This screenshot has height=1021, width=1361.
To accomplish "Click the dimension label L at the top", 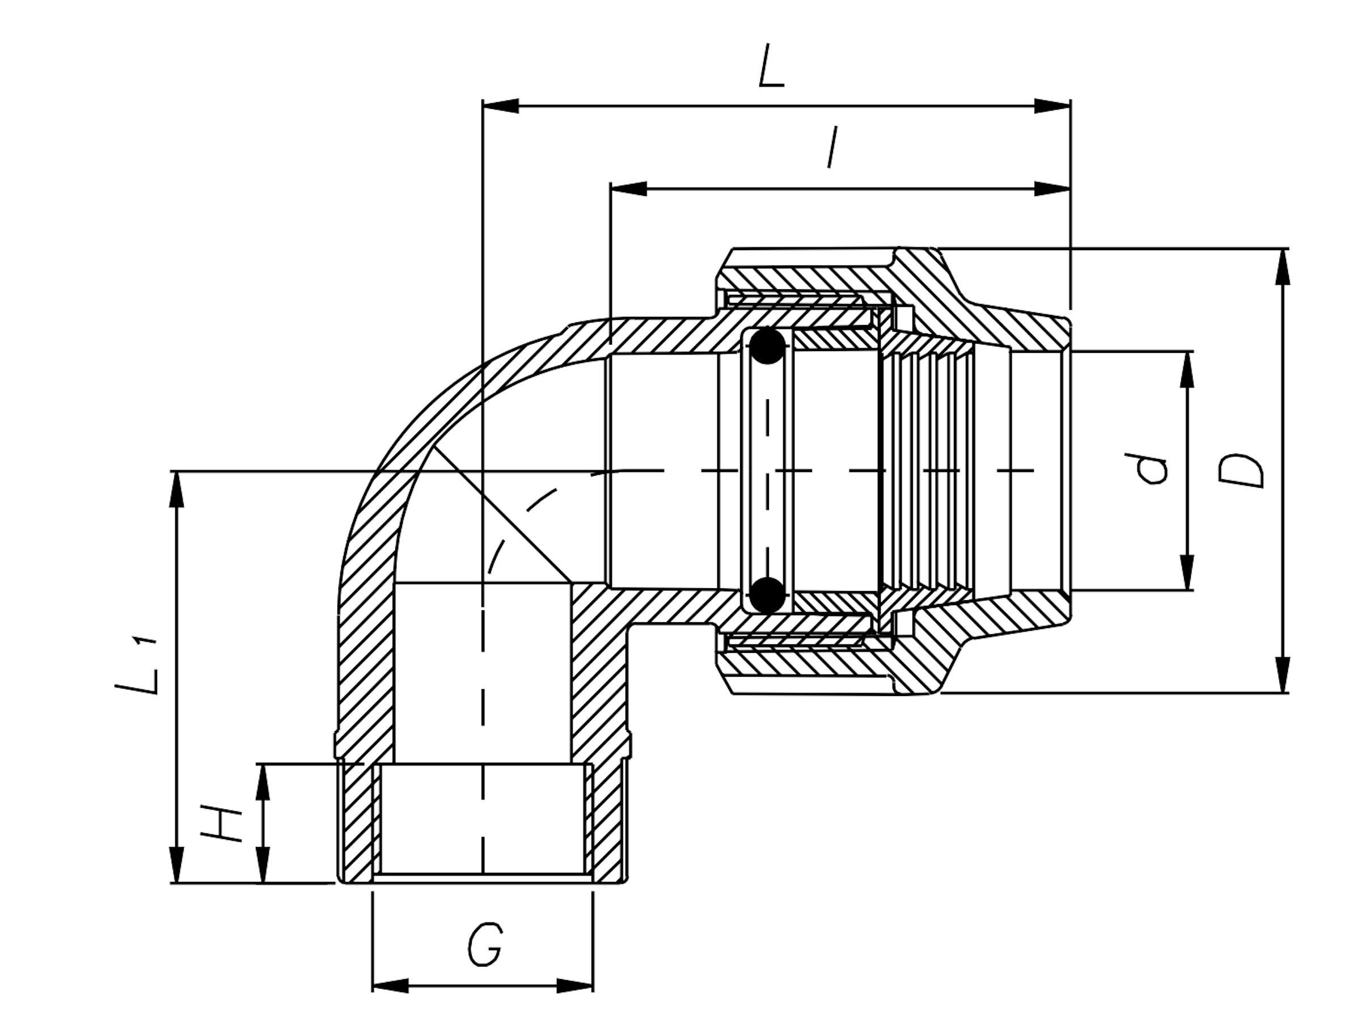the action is click(772, 65).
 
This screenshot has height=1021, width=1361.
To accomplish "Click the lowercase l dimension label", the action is click(832, 147).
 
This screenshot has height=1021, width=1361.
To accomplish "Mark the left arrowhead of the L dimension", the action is click(501, 106).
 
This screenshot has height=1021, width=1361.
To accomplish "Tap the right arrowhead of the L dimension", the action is click(1052, 106).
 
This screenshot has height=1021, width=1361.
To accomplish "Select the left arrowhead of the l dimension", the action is click(628, 189).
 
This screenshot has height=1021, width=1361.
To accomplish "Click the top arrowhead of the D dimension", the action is click(1283, 267).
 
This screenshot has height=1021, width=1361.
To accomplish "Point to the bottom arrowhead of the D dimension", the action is click(1283, 675).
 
